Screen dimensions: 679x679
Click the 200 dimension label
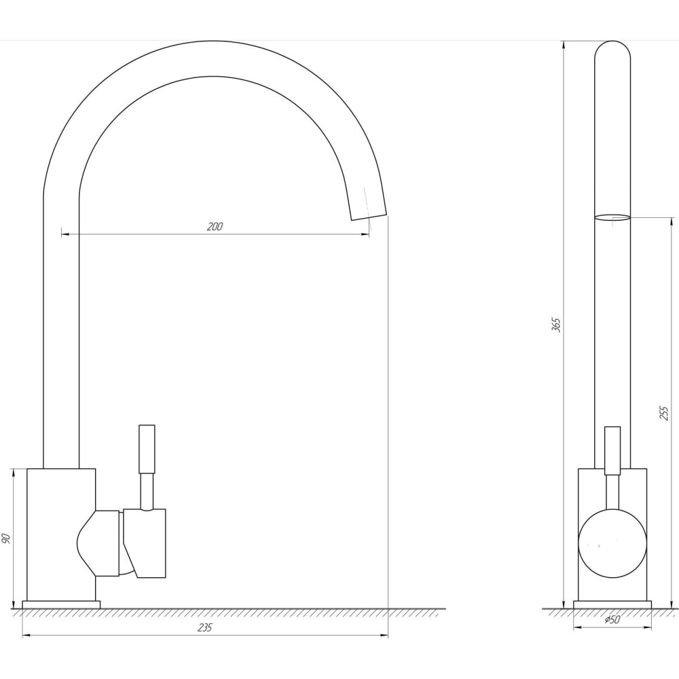[x=215, y=227]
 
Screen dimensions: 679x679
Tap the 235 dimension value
[x=204, y=627]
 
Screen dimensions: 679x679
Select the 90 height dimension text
[x=5, y=538]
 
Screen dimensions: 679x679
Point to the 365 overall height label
[x=557, y=325]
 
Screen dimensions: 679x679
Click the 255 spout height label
[x=664, y=413]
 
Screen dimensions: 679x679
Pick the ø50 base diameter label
[x=612, y=620]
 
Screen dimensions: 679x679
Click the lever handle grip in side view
[x=147, y=449]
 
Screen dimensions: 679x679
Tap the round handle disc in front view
[x=612, y=543]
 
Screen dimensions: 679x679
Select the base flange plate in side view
[x=61, y=604]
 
